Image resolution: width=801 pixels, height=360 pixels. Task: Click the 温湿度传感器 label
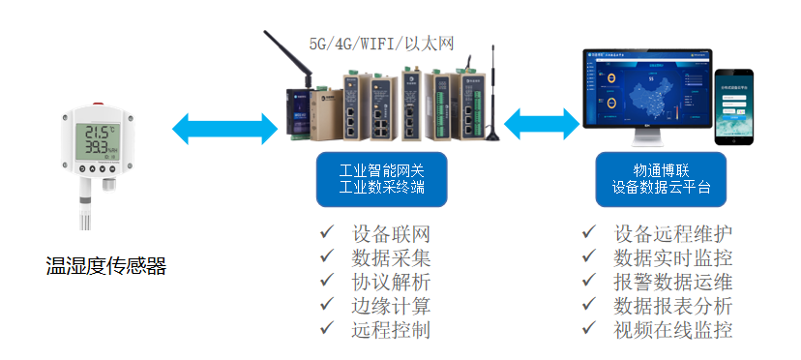[106, 266]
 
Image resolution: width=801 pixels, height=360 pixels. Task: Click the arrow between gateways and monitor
[541, 123]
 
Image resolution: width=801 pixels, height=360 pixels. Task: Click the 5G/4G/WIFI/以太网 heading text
[381, 43]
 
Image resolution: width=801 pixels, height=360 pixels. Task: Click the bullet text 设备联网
[391, 235]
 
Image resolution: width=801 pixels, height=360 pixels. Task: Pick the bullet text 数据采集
[391, 258]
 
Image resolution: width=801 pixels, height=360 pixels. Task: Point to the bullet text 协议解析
[391, 282]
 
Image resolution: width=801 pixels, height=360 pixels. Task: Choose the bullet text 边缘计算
[391, 306]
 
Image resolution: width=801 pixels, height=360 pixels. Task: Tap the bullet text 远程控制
[391, 329]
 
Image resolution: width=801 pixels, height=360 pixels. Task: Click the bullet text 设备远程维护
[672, 235]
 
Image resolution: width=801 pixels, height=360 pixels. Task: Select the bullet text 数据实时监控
[672, 258]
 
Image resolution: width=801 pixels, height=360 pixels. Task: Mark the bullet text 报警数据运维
[672, 282]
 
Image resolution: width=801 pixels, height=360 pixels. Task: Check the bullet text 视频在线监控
[672, 329]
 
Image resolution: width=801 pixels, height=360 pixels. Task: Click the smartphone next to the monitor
[734, 106]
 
